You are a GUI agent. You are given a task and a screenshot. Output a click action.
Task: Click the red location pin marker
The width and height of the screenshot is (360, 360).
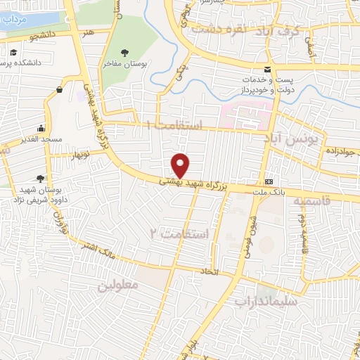coord(181,165)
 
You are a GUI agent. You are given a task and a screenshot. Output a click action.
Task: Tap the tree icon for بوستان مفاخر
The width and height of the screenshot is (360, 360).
coord(125,53)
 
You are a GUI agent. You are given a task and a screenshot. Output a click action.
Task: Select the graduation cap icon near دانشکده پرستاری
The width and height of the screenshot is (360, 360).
coord(13,53)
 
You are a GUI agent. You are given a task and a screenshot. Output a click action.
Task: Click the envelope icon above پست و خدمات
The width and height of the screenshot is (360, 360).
coord(267,69)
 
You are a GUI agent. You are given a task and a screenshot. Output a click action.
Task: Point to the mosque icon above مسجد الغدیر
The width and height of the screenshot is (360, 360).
coord(41,128)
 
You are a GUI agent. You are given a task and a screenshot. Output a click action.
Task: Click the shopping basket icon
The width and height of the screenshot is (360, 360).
coord(60,89)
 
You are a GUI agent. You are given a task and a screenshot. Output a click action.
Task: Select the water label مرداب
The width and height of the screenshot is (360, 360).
coord(15,21)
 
